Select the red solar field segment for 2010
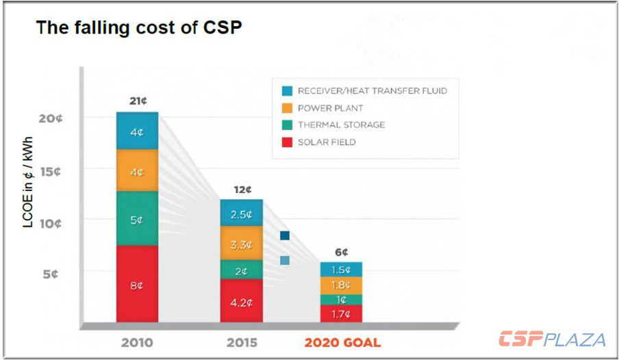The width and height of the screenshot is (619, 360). pos(137,283)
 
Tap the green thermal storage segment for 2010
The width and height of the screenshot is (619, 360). pos(137,219)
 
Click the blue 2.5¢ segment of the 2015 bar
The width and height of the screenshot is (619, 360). pos(241,213)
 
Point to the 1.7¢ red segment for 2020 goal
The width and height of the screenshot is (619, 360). pos(342,314)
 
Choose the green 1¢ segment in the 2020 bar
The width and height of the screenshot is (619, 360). pos(342,300)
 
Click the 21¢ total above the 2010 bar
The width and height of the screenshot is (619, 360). pos(137,101)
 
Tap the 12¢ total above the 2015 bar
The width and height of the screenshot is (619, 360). pos(242,190)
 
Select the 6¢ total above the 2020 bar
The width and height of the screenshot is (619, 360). pos(342,252)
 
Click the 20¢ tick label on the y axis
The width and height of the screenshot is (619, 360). pos(51,118)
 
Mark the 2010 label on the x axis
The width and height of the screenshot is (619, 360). pos(136,342)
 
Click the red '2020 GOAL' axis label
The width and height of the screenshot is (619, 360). pos(342,342)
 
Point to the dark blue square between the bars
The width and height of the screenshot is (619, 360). pos(285,235)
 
